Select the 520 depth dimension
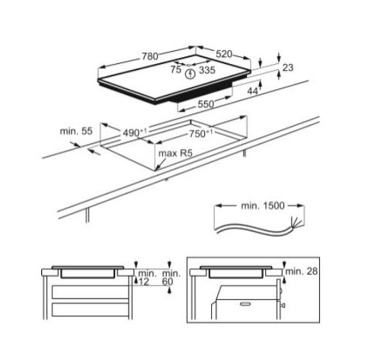click(223, 55)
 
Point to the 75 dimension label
click(176, 68)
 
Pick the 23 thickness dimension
click(287, 69)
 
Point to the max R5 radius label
click(172, 155)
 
